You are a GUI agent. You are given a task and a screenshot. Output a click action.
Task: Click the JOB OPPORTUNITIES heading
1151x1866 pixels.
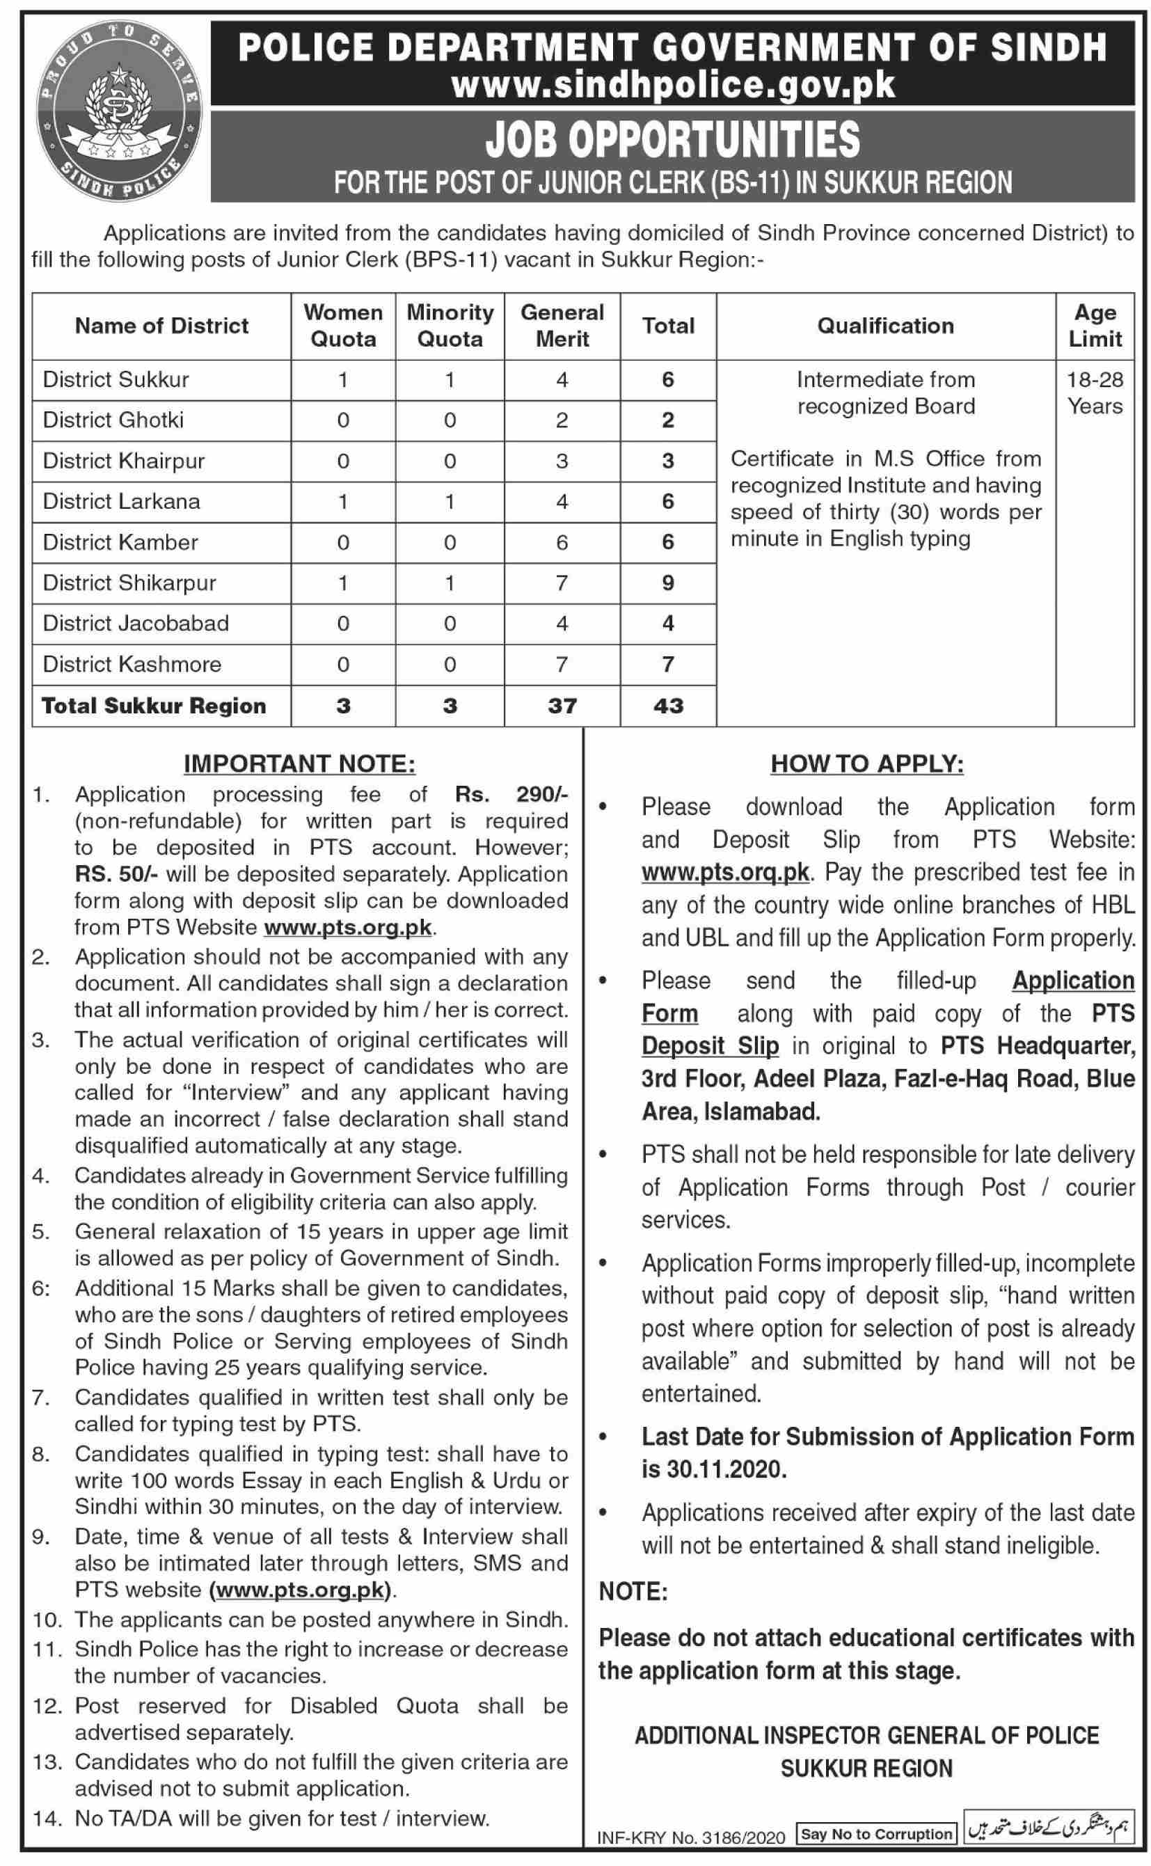[x=673, y=140]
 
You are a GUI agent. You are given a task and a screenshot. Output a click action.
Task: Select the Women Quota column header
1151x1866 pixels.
[x=343, y=325]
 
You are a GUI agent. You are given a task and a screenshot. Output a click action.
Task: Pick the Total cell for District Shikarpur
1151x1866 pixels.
[x=667, y=583]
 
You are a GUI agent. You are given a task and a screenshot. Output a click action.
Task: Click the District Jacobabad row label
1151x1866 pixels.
[x=136, y=623]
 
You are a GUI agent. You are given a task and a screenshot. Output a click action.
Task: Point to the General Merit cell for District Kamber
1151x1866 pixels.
[x=562, y=542]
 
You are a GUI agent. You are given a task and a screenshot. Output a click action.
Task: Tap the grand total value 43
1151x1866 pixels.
[x=667, y=706]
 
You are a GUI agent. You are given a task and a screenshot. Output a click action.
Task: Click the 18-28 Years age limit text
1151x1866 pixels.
[x=1095, y=393]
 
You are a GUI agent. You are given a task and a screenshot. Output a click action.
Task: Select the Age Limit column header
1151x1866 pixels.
[x=1095, y=325]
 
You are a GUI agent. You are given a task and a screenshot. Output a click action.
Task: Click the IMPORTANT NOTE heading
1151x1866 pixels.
[x=300, y=764]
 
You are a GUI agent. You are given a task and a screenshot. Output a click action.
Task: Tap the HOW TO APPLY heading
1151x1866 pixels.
[x=866, y=764]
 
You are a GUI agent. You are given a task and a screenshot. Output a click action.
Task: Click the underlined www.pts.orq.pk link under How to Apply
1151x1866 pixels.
[x=724, y=871]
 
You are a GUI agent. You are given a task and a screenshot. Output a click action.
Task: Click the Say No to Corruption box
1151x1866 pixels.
[x=876, y=1834]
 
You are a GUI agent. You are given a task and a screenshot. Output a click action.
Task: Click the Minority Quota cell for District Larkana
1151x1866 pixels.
[x=450, y=501]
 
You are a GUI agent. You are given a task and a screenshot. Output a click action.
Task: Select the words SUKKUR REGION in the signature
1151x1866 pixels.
[x=866, y=1768]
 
